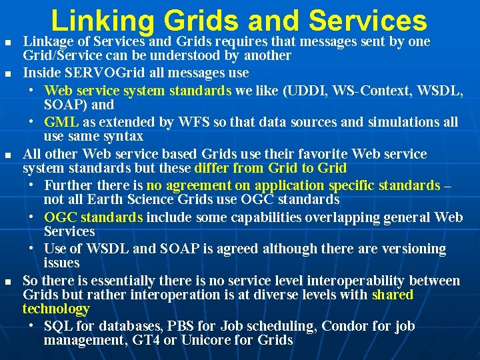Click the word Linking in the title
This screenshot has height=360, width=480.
[x=100, y=21]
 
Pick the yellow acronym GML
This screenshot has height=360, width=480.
[x=61, y=122]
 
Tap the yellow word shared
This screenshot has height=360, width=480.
[x=393, y=295]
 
